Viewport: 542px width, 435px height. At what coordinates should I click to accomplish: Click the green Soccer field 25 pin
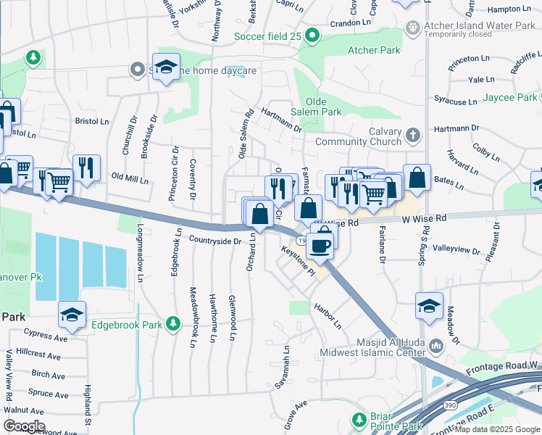(312, 35)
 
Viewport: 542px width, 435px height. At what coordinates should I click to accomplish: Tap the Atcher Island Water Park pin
(412, 28)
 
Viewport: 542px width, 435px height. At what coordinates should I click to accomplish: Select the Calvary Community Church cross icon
(412, 134)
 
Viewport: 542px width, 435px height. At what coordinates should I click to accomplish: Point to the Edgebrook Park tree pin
(172, 323)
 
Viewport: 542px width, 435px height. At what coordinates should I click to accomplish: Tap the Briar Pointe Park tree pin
(358, 420)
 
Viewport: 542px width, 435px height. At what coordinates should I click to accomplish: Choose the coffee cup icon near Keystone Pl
(319, 245)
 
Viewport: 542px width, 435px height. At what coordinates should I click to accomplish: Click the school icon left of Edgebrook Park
(72, 314)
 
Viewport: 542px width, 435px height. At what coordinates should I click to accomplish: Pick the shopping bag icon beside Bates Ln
(417, 177)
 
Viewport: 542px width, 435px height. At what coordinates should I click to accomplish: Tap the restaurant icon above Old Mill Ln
(86, 167)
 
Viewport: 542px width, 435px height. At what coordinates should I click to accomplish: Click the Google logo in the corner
(23, 426)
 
